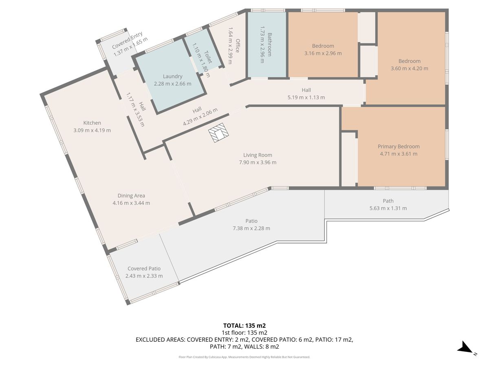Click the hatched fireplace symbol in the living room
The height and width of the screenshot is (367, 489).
coord(218,133)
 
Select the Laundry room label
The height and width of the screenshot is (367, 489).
coord(173,76)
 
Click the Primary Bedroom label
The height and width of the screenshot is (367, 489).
coord(399,146)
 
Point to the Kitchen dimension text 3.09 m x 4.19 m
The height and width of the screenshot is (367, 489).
coord(92,130)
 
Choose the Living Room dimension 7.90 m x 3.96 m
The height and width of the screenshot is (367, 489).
coord(258,162)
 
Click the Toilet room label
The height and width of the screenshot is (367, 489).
coord(208,57)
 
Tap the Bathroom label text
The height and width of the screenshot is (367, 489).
coord(270,44)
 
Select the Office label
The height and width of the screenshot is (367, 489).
coord(238,46)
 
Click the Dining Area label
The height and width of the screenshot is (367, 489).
coord(131,196)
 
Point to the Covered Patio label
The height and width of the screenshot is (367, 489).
coord(144,268)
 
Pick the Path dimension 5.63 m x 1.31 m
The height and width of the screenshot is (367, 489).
coord(388,208)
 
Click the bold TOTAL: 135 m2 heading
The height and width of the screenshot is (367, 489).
coord(244,326)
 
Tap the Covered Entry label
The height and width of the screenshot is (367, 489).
coord(127,40)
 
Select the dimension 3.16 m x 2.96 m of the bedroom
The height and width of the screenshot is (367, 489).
coord(323,53)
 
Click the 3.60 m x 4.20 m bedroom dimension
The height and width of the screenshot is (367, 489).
coord(410,69)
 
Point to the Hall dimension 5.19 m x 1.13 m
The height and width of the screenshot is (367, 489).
coord(306,97)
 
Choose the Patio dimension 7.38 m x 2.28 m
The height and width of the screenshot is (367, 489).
coord(251,228)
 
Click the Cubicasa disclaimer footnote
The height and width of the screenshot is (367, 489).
coord(244,357)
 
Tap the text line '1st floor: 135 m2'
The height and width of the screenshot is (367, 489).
coord(244,333)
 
